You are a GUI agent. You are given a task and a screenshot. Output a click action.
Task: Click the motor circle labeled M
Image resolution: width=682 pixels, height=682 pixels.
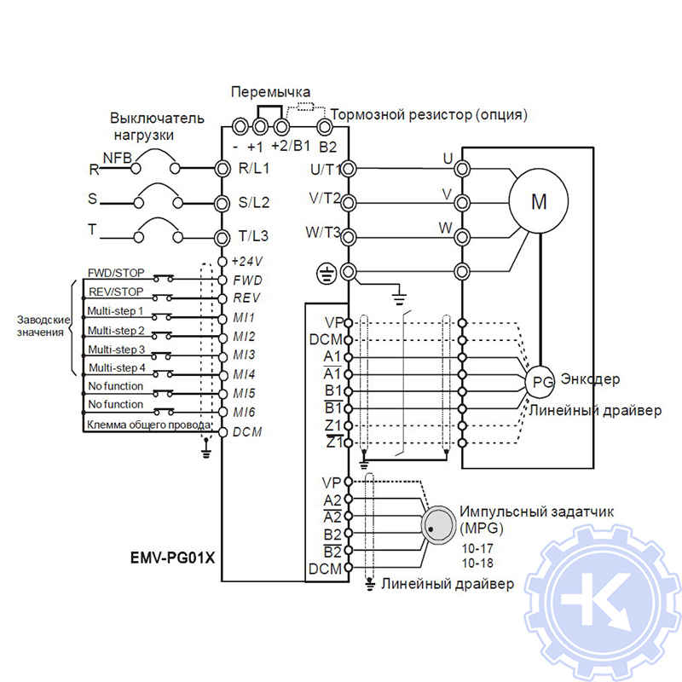[x=539, y=202]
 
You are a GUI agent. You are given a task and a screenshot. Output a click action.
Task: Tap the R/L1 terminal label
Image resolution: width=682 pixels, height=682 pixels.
[x=253, y=168]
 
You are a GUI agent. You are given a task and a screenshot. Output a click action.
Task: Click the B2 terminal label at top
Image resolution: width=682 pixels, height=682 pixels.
[x=328, y=146]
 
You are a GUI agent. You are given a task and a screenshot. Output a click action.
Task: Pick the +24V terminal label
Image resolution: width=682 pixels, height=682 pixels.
[x=247, y=261]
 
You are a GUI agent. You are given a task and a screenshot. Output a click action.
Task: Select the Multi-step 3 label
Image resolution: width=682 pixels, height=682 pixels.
[x=116, y=350]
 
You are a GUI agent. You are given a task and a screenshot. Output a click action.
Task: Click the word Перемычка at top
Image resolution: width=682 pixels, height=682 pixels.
[x=271, y=92]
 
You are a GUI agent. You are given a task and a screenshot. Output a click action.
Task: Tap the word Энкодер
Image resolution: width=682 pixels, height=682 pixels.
[x=590, y=379]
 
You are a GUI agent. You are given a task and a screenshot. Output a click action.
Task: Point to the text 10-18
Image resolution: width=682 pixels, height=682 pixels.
[x=477, y=564]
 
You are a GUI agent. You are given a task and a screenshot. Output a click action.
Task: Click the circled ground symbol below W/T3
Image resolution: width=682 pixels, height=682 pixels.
[x=325, y=273]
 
